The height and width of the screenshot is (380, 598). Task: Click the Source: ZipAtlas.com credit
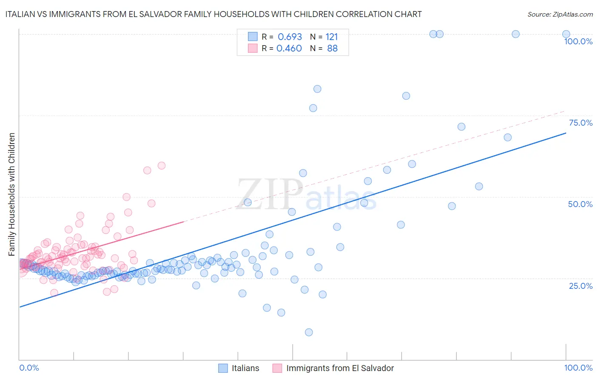point(560,14)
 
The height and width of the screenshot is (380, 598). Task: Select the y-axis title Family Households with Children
point(11,194)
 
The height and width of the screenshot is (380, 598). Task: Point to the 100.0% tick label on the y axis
point(578,41)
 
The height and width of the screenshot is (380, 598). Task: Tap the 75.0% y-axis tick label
point(581,123)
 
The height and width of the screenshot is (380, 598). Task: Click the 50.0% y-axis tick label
point(580,204)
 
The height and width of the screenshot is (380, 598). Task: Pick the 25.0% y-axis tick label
point(581,285)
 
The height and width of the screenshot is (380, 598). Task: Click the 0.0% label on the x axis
point(29,368)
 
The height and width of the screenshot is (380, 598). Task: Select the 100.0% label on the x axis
point(578,368)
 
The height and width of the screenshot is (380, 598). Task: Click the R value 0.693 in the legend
point(290,37)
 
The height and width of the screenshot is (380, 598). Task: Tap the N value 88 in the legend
point(332,48)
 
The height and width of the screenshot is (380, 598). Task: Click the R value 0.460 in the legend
point(289,48)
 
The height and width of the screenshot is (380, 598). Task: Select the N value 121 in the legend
point(332,37)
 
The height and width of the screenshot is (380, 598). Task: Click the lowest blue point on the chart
point(309,332)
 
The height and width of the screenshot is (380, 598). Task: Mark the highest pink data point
point(162,165)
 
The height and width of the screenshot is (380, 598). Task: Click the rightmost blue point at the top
point(566,34)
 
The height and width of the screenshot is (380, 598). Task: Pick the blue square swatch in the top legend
point(253,37)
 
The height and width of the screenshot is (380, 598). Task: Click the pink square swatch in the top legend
point(253,48)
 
